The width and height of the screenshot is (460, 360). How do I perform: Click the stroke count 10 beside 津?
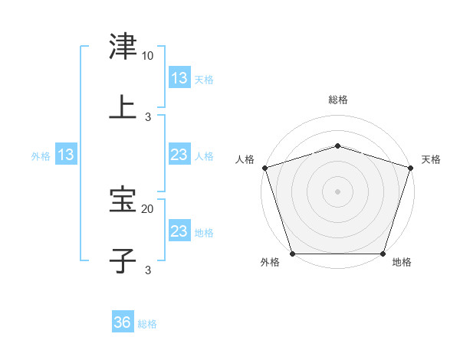point(147,57)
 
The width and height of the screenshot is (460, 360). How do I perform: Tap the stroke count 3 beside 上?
point(148,116)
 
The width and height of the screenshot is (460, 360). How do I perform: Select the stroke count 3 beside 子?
point(148,270)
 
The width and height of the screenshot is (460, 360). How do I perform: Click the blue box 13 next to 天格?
point(179,78)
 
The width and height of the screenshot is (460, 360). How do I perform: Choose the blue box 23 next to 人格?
point(179,155)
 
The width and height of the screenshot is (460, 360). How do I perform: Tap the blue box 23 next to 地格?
point(179,231)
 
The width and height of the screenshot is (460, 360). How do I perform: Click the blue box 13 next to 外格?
point(66,155)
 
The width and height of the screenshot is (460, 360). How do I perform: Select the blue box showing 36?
point(122,322)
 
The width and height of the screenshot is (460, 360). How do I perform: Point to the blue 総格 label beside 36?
point(147,324)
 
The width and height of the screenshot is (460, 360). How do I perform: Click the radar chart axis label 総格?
point(338,100)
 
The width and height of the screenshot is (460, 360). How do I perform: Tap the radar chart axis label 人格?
point(245,159)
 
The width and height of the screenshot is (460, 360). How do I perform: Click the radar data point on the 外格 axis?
point(293,254)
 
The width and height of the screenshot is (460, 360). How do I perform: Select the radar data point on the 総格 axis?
point(338,146)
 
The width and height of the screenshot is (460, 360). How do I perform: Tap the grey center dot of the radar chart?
point(338,191)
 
